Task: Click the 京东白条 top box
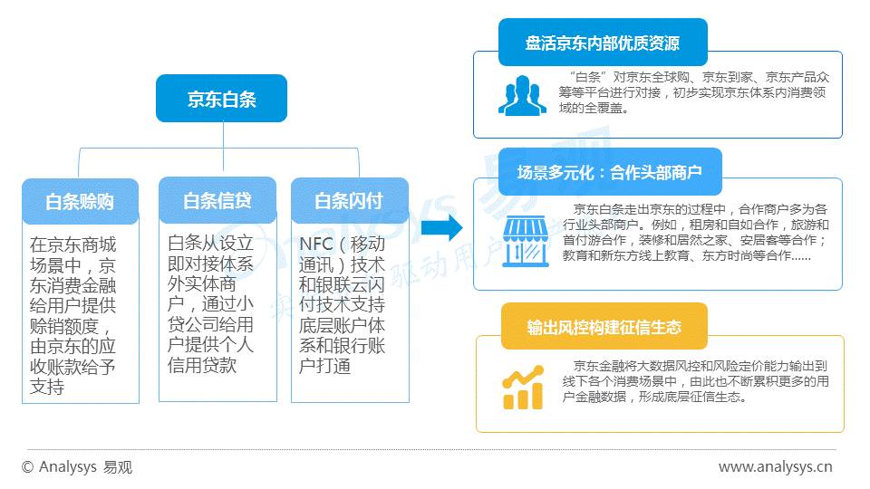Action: tap(221, 99)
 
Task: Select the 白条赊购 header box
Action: tap(81, 202)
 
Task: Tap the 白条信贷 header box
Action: tap(217, 200)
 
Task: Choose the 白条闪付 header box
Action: tap(349, 201)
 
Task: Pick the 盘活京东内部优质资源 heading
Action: tap(602, 43)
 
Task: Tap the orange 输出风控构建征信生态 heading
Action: tap(604, 327)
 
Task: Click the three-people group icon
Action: tap(522, 95)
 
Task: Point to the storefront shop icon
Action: tap(522, 238)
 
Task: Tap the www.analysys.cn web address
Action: tap(775, 467)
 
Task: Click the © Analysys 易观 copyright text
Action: tap(77, 467)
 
